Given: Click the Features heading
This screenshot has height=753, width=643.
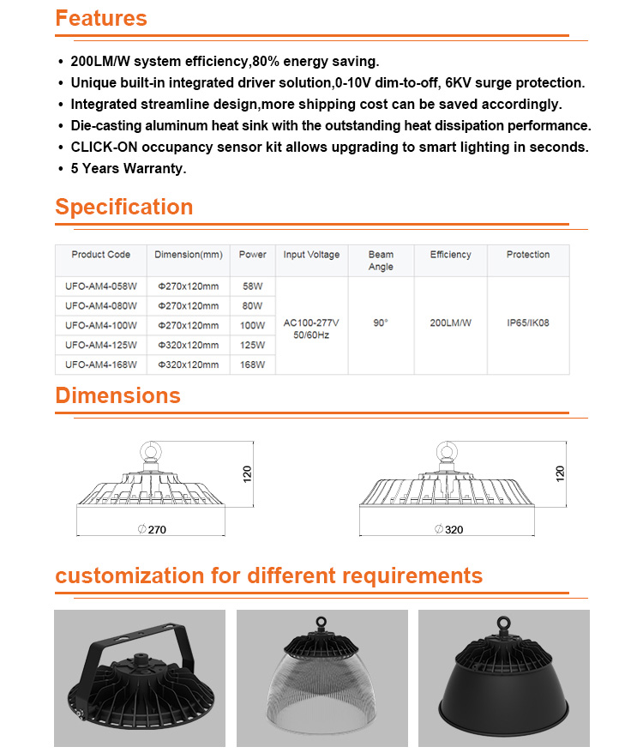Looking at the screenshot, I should pos(101,19).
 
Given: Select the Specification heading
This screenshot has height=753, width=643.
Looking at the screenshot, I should pos(124,208).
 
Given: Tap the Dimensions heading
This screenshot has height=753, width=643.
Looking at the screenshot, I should pos(118,395).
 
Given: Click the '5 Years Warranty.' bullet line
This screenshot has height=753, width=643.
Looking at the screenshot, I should pos(129,168).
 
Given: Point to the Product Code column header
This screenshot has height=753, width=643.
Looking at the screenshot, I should pos(101,255).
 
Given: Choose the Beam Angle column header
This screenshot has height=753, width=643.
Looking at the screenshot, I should pos(381,260).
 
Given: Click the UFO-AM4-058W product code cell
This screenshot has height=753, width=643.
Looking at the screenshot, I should pos(101,285).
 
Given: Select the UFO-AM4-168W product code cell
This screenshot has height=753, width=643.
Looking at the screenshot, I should pos(101,364).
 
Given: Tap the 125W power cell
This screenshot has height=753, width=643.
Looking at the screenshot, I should pos(253,345).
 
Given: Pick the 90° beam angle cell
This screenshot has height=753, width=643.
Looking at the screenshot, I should pos(381,323).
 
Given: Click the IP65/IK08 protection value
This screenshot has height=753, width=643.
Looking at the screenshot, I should pos(528,323).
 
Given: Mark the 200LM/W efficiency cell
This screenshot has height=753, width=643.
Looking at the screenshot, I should pos(451,323).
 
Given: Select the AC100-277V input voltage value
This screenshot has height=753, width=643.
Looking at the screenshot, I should pos(311,323).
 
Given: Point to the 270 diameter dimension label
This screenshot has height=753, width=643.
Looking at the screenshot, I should pos(156,529).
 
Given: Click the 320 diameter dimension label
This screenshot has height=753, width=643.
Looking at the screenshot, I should pos(454,529).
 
